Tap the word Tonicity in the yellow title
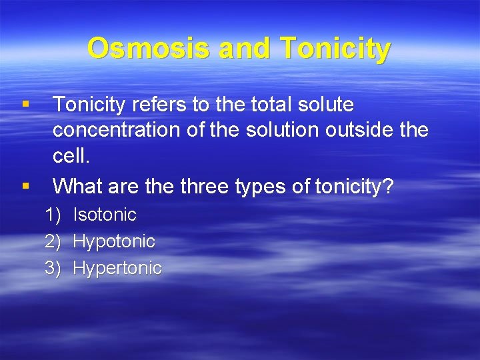(x=335, y=49)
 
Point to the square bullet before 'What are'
(x=25, y=186)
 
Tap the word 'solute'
(x=327, y=105)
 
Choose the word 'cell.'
(x=71, y=157)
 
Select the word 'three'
(x=205, y=186)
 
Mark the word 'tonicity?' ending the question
(x=354, y=187)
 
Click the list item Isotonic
(x=105, y=215)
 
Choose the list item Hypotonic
(x=113, y=241)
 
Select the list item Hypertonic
(x=117, y=268)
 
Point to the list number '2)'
(x=53, y=241)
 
